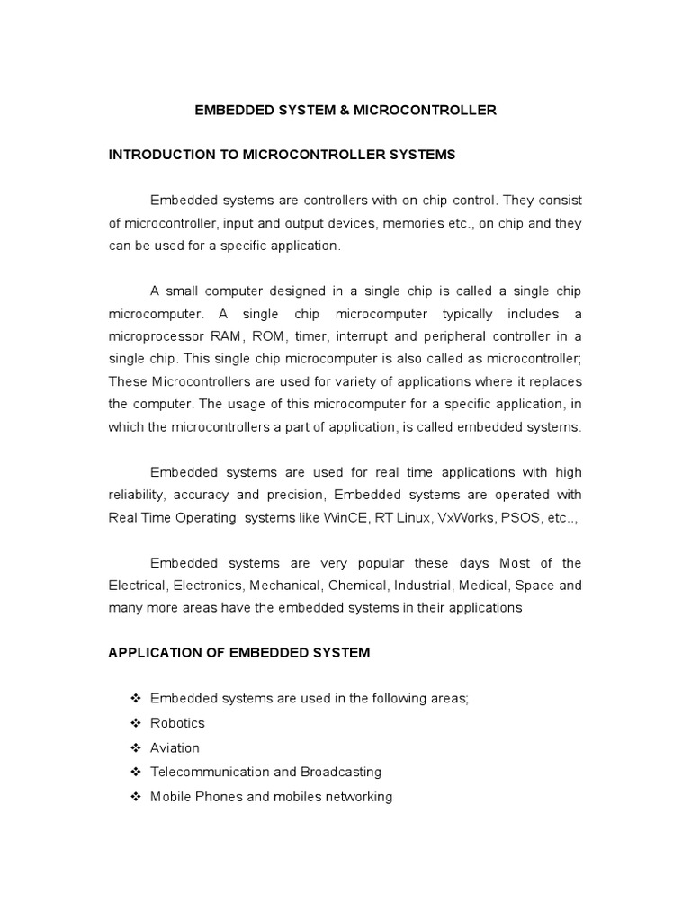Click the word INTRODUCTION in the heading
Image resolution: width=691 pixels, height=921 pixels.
pos(157,155)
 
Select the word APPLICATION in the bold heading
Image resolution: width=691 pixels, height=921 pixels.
pos(151,653)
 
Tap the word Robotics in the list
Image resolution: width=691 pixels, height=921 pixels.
pos(177,723)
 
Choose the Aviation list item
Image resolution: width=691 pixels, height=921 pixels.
pos(175,747)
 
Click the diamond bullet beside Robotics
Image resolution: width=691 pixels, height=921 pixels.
pos(136,723)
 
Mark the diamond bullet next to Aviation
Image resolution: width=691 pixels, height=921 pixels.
pos(136,747)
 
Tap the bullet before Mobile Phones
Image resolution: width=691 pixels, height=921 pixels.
pos(136,797)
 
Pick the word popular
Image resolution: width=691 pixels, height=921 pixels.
pos(364,563)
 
